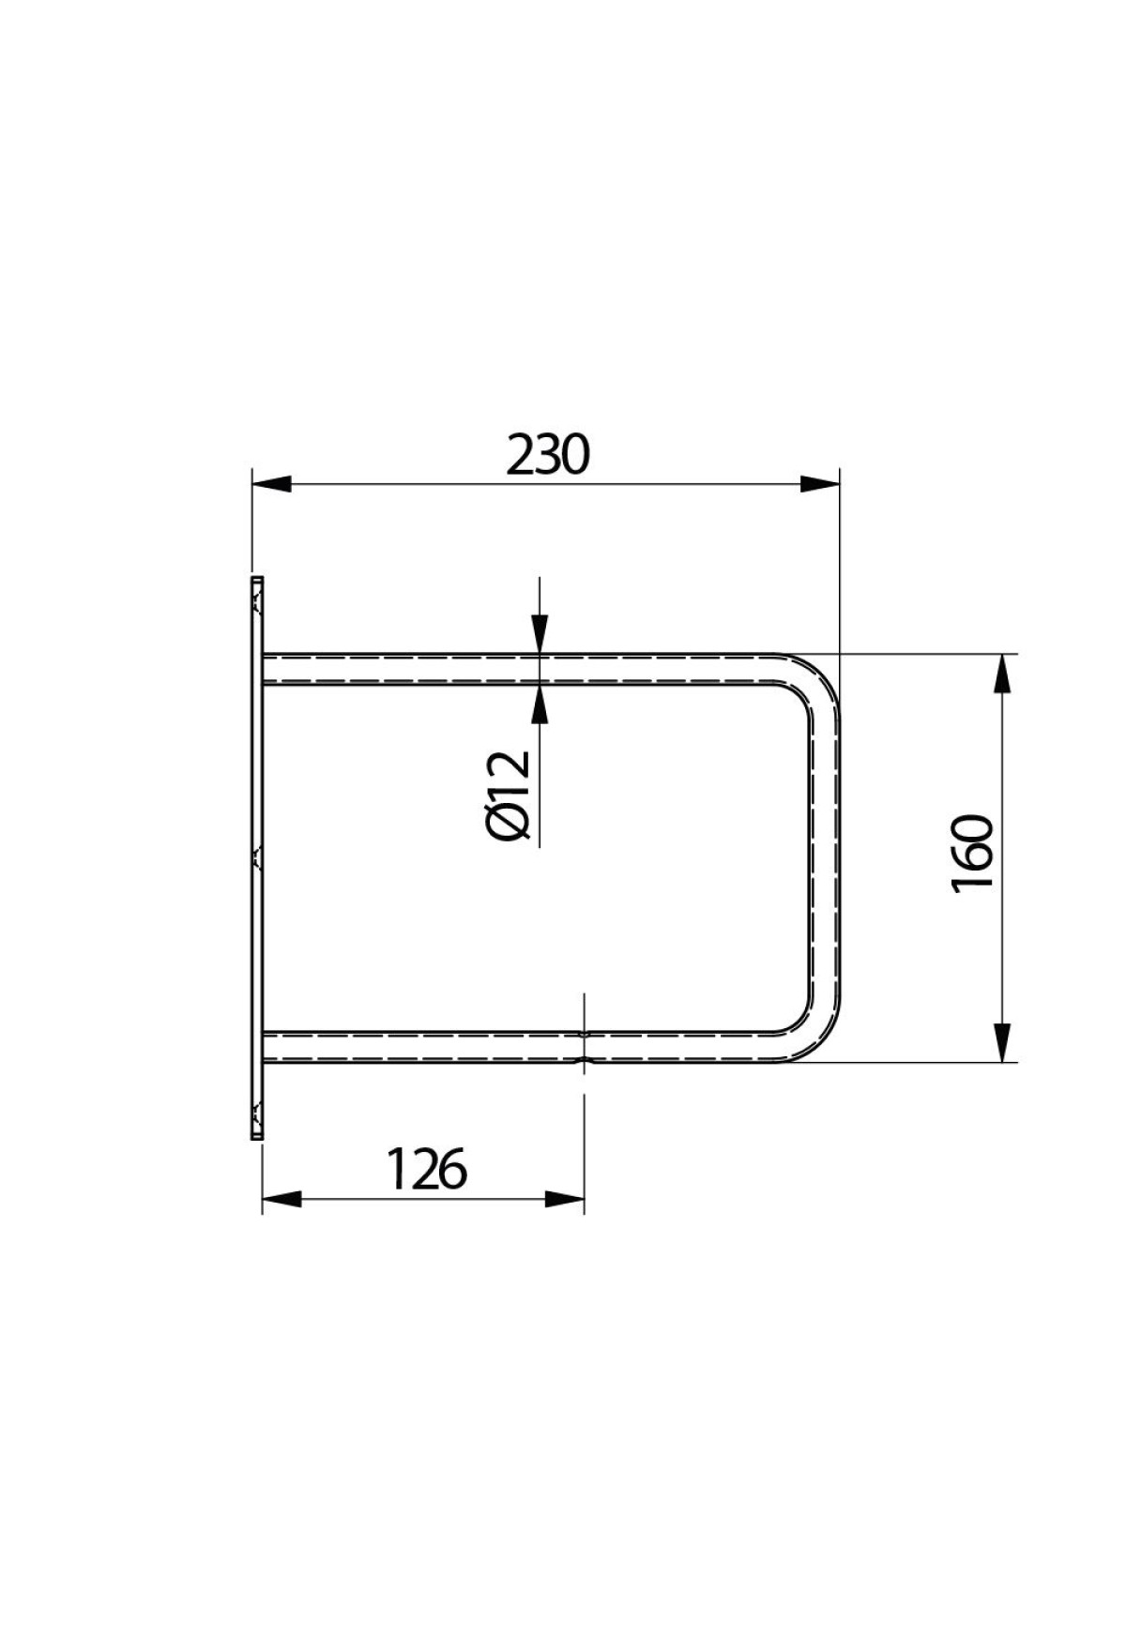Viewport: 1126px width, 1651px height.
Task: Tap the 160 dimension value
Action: [x=972, y=855]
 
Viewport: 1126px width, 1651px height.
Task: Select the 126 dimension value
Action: [x=427, y=1170]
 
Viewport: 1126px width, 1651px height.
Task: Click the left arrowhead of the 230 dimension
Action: [x=271, y=484]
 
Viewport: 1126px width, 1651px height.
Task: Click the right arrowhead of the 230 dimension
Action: [x=819, y=484]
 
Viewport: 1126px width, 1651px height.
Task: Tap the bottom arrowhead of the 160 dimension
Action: [x=1002, y=1042]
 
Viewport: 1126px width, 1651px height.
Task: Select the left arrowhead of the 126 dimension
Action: [x=281, y=1199]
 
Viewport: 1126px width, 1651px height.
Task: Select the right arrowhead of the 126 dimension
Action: [x=565, y=1199]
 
